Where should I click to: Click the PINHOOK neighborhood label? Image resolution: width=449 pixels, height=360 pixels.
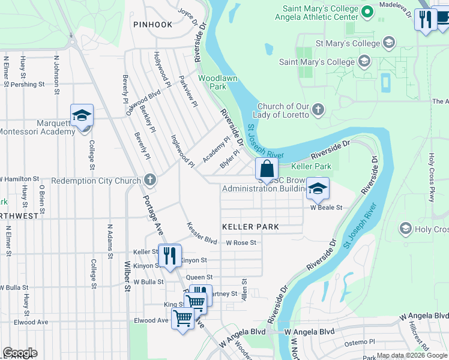(x=153, y=25)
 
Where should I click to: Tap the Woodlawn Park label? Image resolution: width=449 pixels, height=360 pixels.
(x=212, y=82)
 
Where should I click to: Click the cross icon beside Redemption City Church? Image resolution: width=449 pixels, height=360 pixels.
(x=149, y=180)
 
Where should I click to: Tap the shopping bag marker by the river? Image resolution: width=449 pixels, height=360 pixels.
(x=267, y=169)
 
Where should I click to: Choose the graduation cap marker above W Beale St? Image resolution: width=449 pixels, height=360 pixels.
(x=318, y=189)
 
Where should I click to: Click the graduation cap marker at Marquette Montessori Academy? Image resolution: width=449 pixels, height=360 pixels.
(x=82, y=116)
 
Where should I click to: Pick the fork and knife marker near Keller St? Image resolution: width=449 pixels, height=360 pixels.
(x=170, y=256)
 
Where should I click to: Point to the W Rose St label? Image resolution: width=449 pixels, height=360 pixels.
(x=241, y=243)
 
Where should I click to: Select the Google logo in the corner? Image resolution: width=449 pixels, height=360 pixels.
(x=20, y=353)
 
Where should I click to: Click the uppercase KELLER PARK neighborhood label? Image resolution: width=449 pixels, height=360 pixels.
(x=251, y=227)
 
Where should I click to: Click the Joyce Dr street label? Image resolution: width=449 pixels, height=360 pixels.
(x=187, y=17)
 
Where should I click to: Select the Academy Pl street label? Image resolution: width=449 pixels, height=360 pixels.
(x=215, y=149)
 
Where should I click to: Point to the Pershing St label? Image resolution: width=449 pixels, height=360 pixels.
(x=29, y=85)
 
